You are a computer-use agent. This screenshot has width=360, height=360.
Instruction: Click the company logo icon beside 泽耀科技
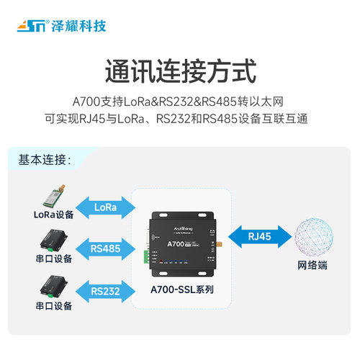[x=30, y=27]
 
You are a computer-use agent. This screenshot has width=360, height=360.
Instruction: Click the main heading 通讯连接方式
[x=180, y=73]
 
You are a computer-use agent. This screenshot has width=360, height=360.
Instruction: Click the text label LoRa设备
[x=53, y=214]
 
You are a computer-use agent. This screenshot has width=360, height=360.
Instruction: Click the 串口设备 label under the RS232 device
[x=53, y=305]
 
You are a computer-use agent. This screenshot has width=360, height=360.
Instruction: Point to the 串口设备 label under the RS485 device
[x=53, y=258]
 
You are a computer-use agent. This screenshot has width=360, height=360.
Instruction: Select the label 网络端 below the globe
[x=312, y=265]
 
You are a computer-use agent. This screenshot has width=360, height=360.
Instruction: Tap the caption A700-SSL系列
[x=181, y=292]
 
